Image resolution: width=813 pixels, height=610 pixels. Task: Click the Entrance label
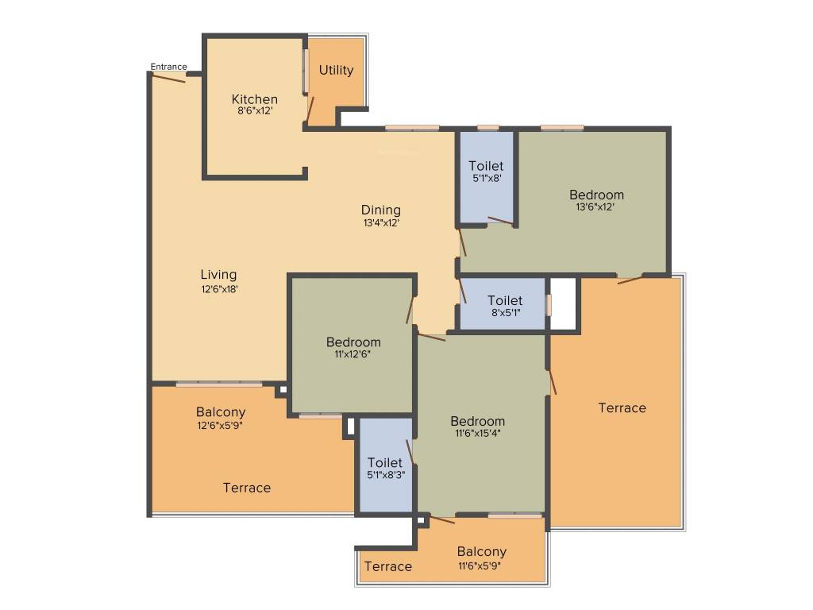[x=168, y=67]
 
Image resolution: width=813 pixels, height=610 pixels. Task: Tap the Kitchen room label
[x=254, y=99]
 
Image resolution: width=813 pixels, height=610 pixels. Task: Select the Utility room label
[x=336, y=70]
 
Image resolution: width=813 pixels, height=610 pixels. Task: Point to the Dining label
[x=381, y=210]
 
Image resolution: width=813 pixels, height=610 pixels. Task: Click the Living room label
[x=218, y=275]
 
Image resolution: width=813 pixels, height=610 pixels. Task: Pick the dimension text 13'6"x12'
[x=595, y=207]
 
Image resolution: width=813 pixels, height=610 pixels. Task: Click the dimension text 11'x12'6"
[x=353, y=355]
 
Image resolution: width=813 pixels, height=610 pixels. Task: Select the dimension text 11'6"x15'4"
[x=477, y=434]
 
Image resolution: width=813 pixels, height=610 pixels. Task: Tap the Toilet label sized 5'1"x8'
[x=486, y=166]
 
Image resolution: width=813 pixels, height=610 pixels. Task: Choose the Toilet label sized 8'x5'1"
[x=505, y=300]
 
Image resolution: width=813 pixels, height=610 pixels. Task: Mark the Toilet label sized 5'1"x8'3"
[x=384, y=462]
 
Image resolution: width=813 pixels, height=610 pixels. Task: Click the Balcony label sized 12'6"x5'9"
[x=221, y=412]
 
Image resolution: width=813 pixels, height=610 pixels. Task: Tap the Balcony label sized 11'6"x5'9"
[x=481, y=552]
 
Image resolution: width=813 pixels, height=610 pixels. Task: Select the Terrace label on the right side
[x=622, y=407]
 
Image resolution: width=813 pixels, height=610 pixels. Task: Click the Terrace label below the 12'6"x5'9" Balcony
[x=246, y=488]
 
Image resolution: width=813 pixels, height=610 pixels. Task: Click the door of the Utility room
[x=311, y=110]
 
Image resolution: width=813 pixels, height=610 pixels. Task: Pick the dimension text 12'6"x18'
[x=219, y=290]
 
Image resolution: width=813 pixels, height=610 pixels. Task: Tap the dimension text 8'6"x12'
[x=254, y=111]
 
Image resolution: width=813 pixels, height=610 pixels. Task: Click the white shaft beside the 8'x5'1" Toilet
[x=563, y=303]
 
